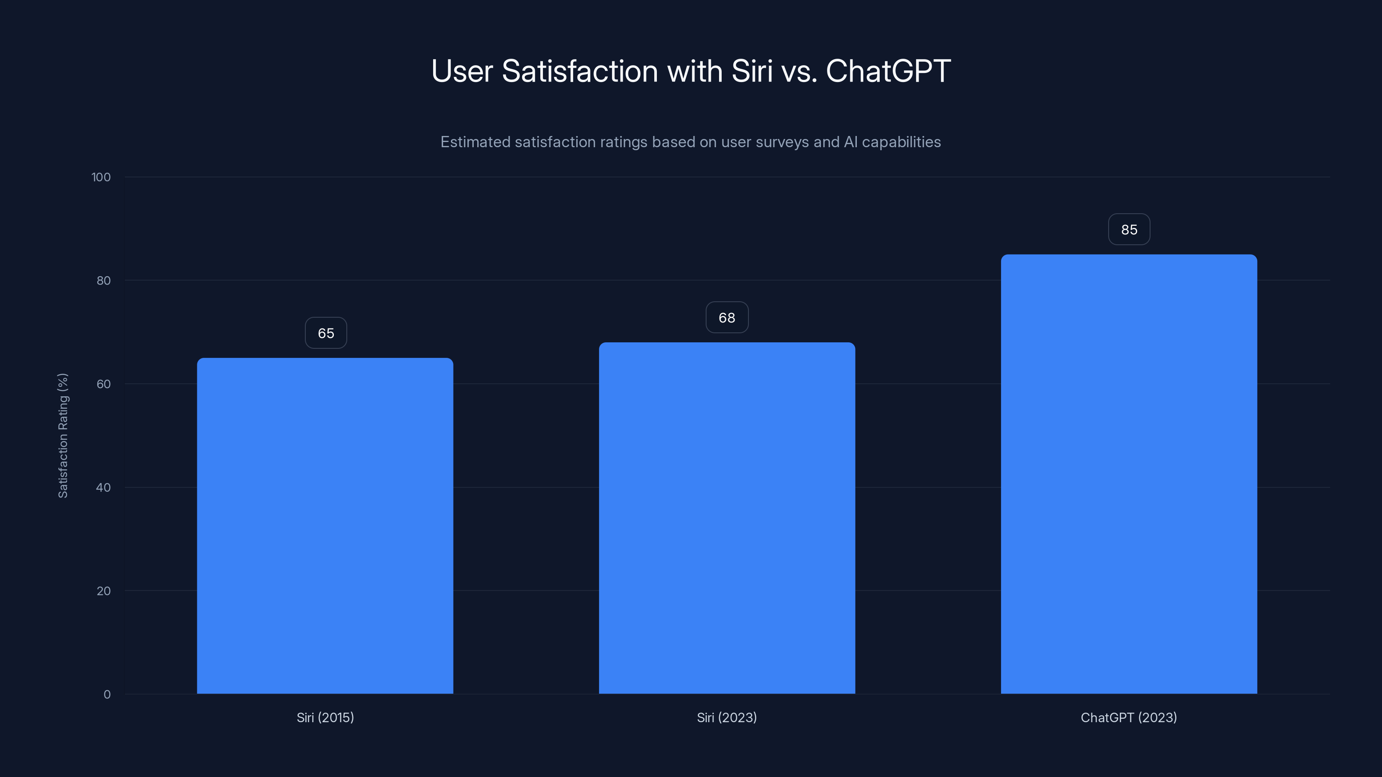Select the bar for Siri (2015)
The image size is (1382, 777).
click(325, 525)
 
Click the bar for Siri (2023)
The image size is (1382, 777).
click(726, 518)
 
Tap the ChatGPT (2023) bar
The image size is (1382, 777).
click(1129, 474)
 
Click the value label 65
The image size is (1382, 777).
click(326, 333)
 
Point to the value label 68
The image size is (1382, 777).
click(726, 317)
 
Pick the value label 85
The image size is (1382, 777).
click(1129, 230)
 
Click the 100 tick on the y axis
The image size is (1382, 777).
click(101, 177)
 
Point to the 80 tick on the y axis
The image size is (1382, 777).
click(103, 281)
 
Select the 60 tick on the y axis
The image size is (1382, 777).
click(103, 384)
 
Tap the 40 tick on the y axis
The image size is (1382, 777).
click(103, 487)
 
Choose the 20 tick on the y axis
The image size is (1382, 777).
click(103, 591)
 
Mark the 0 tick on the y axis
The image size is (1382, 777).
click(107, 695)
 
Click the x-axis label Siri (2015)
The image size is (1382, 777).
click(325, 717)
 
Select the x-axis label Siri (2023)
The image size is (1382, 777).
click(726, 717)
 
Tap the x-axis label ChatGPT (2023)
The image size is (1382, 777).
click(1129, 717)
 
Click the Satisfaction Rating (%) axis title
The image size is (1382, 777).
click(63, 436)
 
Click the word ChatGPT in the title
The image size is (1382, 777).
click(888, 71)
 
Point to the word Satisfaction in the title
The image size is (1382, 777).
click(580, 71)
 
